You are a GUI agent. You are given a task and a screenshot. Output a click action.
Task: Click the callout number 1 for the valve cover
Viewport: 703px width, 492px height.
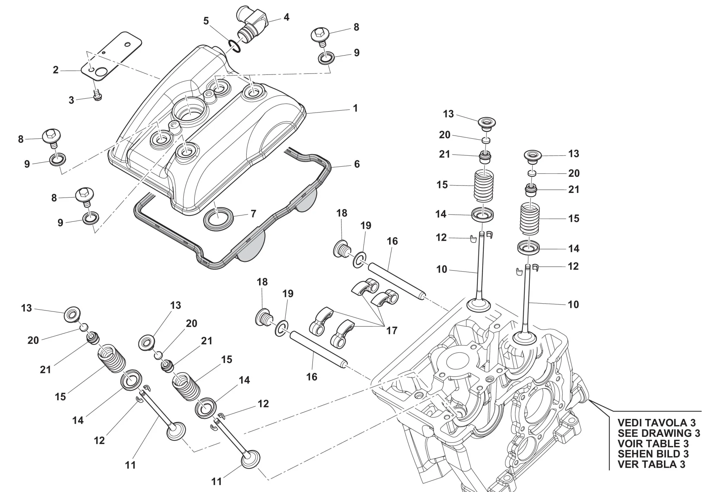click(355, 108)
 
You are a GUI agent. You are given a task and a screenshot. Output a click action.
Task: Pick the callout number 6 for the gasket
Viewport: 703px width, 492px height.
click(357, 164)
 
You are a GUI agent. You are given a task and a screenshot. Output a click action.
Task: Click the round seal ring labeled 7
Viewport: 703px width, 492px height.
click(218, 218)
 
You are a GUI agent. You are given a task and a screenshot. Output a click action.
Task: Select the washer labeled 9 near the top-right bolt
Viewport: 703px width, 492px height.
click(327, 58)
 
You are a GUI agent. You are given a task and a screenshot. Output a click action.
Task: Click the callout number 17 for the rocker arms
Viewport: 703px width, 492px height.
click(392, 330)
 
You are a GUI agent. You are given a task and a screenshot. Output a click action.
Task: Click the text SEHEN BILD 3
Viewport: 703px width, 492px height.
click(653, 454)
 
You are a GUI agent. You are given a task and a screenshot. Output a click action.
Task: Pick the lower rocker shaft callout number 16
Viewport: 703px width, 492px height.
click(311, 377)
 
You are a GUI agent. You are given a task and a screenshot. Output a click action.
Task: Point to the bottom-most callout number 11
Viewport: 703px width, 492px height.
click(217, 481)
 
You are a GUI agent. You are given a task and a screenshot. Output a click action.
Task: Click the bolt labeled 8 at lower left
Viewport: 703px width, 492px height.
click(84, 198)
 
